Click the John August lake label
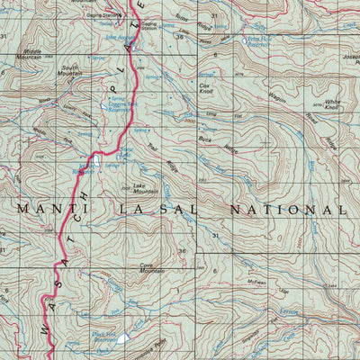(115, 38)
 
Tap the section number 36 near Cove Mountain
(181, 251)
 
